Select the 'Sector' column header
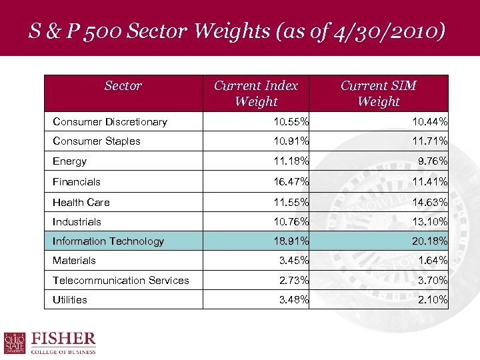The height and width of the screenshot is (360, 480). coord(123,86)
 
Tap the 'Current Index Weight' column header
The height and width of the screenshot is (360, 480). coord(256,93)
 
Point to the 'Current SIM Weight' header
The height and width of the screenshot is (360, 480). coord(378,93)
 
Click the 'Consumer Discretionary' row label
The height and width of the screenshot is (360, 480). coord(110,122)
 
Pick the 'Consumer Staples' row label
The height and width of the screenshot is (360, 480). coord(97,141)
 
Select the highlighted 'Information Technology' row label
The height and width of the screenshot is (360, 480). coord(108,241)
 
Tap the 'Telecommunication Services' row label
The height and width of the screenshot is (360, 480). coord(121,281)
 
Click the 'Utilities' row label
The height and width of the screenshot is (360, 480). coord(70,300)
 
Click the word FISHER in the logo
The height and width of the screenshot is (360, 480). coord(64,339)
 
